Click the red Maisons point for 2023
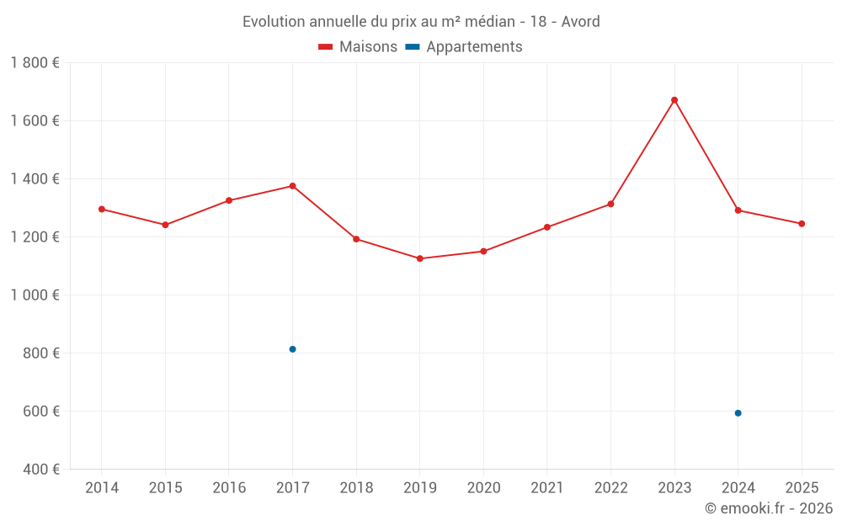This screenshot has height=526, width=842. pos(674,100)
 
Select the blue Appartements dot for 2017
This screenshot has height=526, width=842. pos(292,349)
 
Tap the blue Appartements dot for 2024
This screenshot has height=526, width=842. pos(738,413)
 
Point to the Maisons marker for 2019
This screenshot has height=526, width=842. pos(420,258)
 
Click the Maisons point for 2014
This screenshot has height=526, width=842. pos(102,209)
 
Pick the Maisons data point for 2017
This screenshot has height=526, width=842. pos(292,186)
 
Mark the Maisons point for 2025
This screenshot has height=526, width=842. pos(802,224)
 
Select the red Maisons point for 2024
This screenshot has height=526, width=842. pos(738,210)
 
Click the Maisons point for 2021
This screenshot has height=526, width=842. pos(547,227)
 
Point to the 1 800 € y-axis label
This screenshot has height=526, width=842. pos(35,63)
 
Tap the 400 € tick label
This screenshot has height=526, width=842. pos(41,470)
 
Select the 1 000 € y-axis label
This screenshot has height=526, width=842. pos(35,295)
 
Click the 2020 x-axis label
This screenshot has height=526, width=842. pos(483,488)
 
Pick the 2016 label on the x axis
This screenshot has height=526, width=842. pos(229,488)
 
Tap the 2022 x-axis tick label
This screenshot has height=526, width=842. pos(610,488)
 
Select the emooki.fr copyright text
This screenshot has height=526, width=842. pos(769,508)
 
